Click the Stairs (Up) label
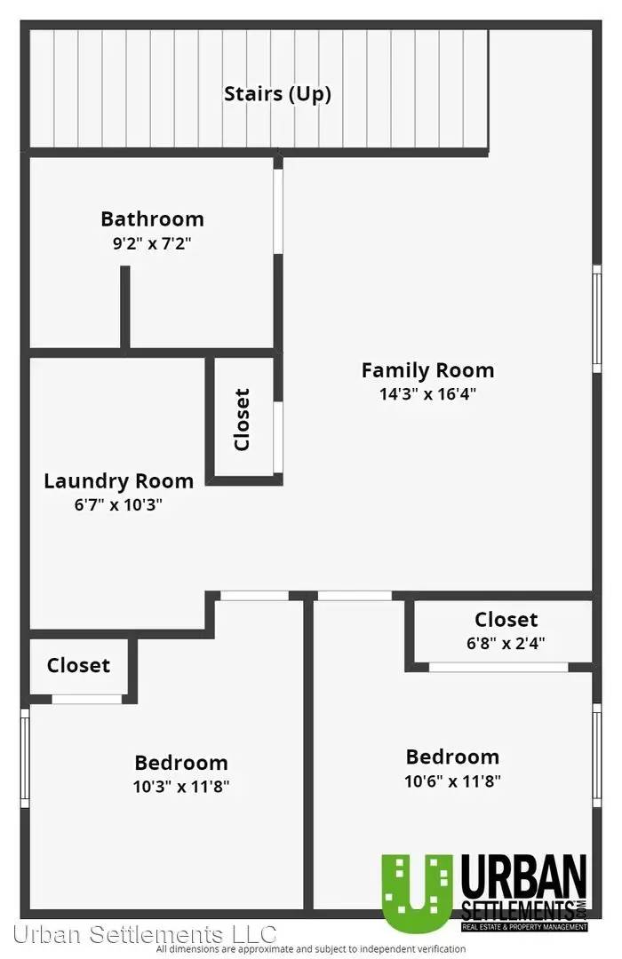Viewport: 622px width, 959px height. pos(277,94)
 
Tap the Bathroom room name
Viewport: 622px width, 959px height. pos(153,218)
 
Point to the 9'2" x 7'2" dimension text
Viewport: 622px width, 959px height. pos(152,243)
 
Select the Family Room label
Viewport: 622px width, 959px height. pos(427,370)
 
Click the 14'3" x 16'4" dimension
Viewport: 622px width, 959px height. pos(427,393)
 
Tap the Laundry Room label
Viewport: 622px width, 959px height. pos(119,480)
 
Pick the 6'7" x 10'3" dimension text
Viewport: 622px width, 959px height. pos(118,504)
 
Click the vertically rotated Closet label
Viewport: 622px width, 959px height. pos(243,419)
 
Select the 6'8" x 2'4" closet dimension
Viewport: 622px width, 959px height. pos(505,643)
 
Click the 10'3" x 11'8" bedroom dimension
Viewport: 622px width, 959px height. pos(180,786)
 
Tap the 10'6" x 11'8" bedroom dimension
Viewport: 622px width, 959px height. pos(452,781)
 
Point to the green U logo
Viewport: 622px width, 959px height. pos(417,892)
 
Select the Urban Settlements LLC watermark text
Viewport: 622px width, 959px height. pos(145,934)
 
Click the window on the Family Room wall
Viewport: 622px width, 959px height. pos(596,318)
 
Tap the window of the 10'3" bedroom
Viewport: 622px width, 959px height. pos(25,757)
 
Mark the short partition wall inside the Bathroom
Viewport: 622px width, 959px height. pos(125,307)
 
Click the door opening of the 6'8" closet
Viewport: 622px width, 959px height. pos(498,667)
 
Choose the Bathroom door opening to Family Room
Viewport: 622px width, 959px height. pos(278,210)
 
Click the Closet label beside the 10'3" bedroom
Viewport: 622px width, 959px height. pos(78,665)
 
